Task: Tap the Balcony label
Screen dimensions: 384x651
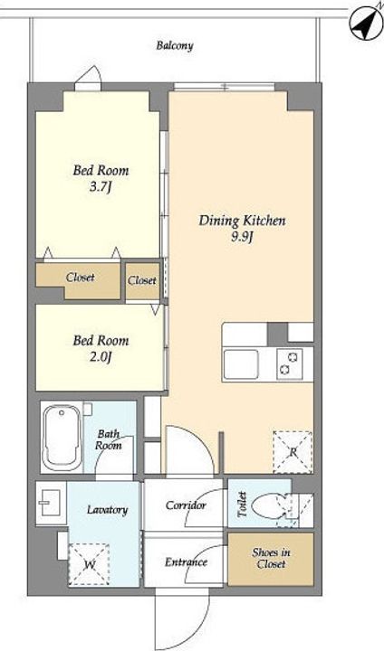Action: (174, 45)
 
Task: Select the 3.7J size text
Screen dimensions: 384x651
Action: (101, 188)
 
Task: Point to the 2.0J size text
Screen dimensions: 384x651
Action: (101, 357)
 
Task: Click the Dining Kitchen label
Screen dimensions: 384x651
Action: (242, 221)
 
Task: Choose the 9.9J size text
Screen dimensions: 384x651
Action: (242, 240)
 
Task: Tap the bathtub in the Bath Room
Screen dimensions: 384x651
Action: (62, 437)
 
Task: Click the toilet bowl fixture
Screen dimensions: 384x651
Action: (275, 506)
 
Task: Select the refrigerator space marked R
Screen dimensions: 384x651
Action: (293, 452)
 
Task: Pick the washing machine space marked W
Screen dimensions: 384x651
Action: (89, 564)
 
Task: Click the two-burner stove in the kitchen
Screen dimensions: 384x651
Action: (290, 363)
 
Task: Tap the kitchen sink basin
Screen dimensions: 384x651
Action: (241, 364)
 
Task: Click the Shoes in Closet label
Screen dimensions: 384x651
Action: (271, 559)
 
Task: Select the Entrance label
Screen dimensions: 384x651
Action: (186, 562)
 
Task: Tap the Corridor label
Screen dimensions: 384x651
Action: (186, 505)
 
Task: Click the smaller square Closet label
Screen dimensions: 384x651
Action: (142, 280)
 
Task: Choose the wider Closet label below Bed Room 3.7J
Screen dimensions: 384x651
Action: (80, 277)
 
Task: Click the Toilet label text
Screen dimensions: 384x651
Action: (242, 504)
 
